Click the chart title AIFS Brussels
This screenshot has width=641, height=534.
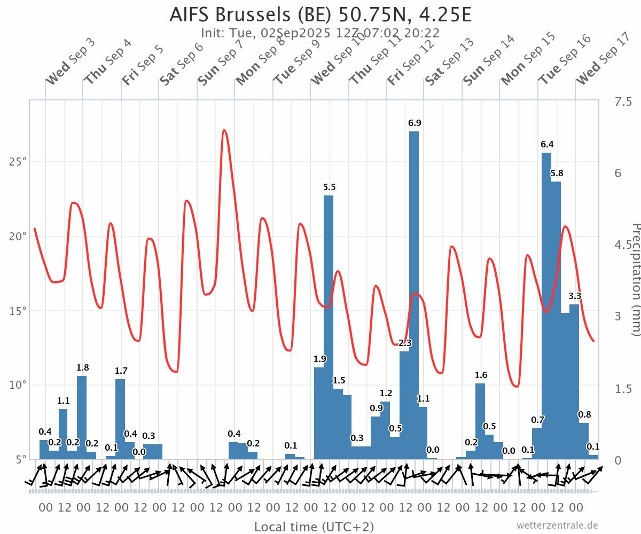(x=320, y=15)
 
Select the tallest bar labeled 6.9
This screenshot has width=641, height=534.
(x=414, y=294)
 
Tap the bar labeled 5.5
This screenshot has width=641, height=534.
(x=329, y=326)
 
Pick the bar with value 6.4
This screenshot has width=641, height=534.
(x=546, y=304)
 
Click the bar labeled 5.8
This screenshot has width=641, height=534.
(x=556, y=320)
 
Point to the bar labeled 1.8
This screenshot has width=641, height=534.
(x=82, y=417)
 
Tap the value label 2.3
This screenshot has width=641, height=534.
(x=405, y=343)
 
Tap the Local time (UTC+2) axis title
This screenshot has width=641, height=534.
(x=314, y=527)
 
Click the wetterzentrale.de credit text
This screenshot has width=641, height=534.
(x=557, y=525)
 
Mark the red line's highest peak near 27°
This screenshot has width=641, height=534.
(x=224, y=130)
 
